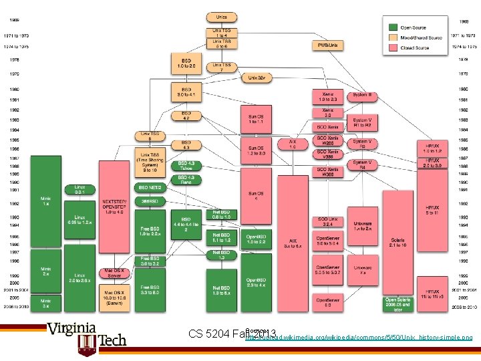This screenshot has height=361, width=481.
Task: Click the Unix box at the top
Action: (x=222, y=16)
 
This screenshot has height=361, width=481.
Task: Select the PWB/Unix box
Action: (x=328, y=45)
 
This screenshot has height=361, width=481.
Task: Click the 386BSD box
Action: (x=150, y=201)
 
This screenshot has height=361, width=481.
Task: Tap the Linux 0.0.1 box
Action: (x=79, y=189)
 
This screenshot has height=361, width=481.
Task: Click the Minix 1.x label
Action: (x=45, y=201)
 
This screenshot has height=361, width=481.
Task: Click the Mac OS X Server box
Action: (x=114, y=273)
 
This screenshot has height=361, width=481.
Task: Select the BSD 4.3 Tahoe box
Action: (x=187, y=165)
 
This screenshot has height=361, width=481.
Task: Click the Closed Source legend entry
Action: (x=414, y=48)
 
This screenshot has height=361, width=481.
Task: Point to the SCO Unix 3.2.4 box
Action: (x=327, y=222)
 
